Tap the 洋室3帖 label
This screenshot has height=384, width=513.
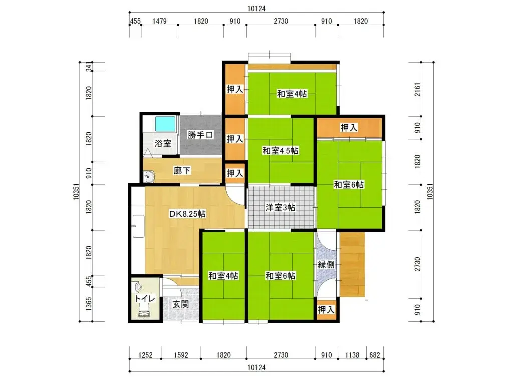click(280, 208)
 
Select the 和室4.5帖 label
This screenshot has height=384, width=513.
click(281, 150)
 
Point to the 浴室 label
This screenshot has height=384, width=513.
click(163, 144)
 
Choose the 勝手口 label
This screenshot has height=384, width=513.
click(201, 135)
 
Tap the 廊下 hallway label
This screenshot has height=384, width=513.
click(182, 171)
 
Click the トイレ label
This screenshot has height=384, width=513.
click(145, 298)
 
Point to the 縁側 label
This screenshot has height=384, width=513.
click(326, 265)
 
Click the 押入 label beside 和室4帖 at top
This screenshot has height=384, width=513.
click(235, 90)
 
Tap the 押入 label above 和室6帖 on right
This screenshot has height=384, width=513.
click(349, 128)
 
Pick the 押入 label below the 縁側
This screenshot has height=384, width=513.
click(326, 310)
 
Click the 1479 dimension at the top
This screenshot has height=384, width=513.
click(159, 21)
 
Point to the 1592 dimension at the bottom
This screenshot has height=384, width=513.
click(181, 356)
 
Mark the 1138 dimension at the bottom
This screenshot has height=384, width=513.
click(352, 356)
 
